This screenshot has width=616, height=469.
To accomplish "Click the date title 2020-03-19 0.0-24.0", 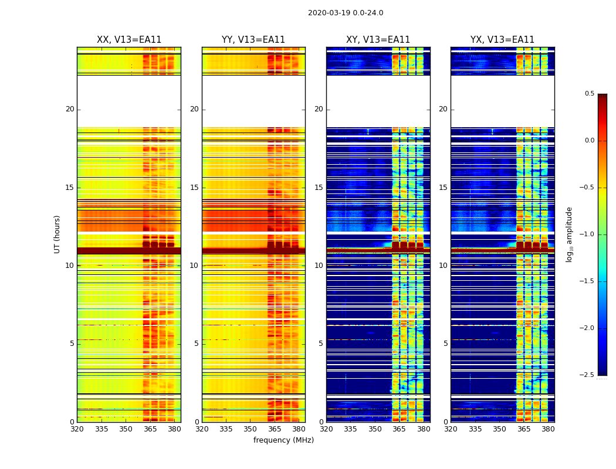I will (x=346, y=13).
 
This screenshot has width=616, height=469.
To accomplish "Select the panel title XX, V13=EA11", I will (x=129, y=40).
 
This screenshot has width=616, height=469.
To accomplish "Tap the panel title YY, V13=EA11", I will (x=253, y=40).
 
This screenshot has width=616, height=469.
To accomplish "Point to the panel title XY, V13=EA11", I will (x=378, y=40).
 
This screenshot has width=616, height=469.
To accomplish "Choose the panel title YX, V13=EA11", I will (x=502, y=40).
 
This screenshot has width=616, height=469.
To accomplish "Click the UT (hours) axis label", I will (x=57, y=234).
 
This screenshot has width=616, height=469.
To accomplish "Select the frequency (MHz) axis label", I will (x=283, y=440).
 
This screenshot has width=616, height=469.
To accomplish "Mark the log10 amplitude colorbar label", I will (x=569, y=234).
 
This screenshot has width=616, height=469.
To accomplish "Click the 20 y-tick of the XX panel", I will (x=70, y=109).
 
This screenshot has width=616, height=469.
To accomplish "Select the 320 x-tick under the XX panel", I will (x=77, y=429).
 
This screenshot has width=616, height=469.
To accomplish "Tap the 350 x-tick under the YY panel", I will (x=251, y=429).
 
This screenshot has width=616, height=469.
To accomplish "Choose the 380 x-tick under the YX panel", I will (x=548, y=429).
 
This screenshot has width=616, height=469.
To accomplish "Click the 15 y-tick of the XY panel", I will (x=319, y=188).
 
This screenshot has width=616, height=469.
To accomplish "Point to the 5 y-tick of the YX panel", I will (x=445, y=344).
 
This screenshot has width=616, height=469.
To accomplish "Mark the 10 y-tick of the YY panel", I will (x=194, y=266).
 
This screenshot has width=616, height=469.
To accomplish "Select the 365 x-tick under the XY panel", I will (x=399, y=429).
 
